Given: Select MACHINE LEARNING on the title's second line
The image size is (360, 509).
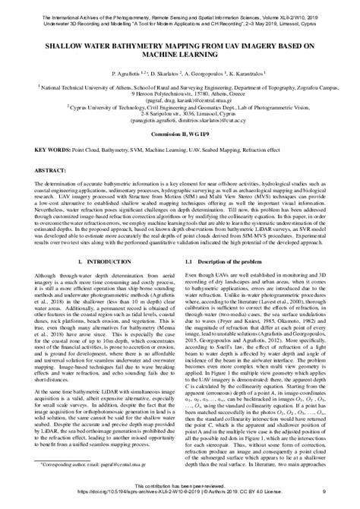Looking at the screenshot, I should (x=179, y=55).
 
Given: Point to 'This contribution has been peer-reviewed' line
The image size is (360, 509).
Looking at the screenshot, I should (x=179, y=489).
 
